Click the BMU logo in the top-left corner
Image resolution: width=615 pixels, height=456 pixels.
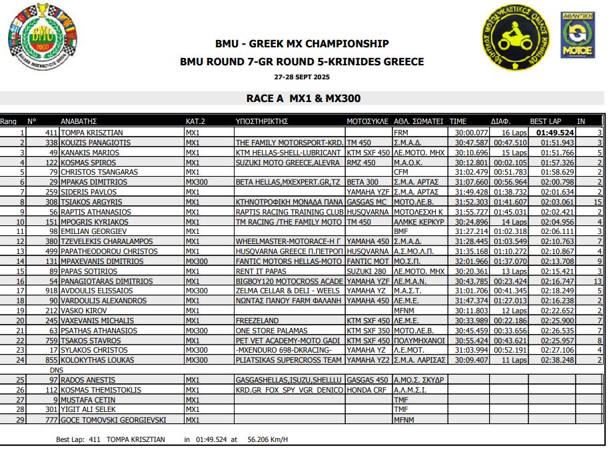pyautogui.click(x=38, y=39)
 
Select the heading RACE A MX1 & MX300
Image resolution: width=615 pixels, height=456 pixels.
pyautogui.click(x=303, y=99)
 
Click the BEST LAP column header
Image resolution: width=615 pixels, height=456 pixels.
pyautogui.click(x=545, y=121)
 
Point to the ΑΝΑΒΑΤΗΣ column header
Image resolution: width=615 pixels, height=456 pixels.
pyautogui.click(x=83, y=121)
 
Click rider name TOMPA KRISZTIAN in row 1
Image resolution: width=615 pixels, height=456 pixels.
pyautogui.click(x=92, y=133)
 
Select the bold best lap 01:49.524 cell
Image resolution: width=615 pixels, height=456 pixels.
pyautogui.click(x=552, y=133)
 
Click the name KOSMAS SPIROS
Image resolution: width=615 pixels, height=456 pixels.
pyautogui.click(x=89, y=162)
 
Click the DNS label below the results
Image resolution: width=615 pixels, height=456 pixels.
pyautogui.click(x=56, y=369)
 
